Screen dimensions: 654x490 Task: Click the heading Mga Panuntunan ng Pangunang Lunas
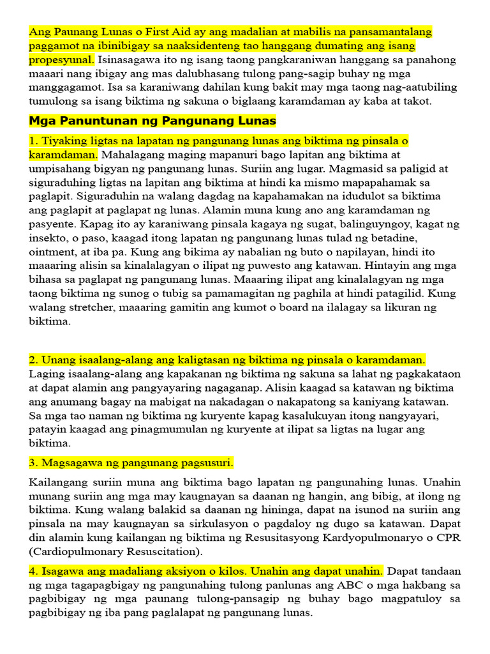coord(152,121)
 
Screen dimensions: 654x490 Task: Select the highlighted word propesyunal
coord(61,59)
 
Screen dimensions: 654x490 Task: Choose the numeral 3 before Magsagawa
coord(32,462)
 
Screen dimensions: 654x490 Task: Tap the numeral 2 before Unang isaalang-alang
coord(32,360)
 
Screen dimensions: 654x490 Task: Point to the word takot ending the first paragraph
coord(417,102)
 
